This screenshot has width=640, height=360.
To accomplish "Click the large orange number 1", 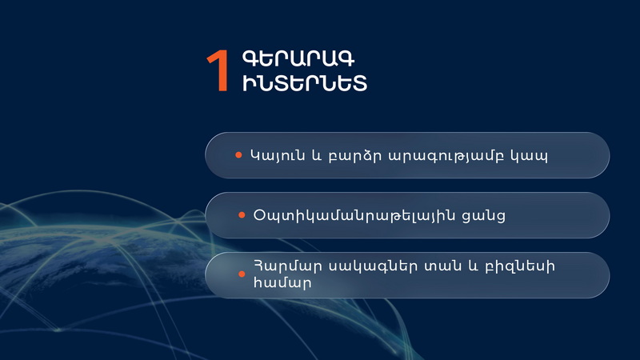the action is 218,70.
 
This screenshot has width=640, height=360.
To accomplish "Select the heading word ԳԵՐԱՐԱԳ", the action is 298,58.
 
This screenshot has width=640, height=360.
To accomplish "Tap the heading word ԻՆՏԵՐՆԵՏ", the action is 305,83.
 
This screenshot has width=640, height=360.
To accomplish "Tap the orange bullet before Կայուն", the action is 238,155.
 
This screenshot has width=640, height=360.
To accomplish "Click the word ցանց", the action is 484,216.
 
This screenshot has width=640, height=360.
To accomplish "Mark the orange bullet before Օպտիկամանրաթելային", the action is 242,214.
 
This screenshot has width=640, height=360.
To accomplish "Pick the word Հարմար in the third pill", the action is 288,267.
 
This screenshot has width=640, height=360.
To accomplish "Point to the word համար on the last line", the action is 282,282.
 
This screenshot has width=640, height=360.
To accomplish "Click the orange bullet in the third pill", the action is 242,274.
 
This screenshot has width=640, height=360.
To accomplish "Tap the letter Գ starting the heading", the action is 250,58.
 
